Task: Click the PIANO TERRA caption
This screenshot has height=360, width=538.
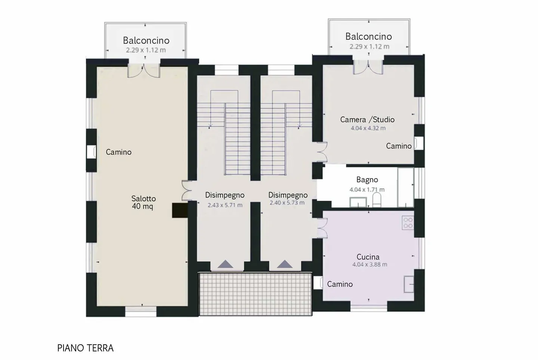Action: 85,348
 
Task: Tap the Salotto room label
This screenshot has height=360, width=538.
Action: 143,199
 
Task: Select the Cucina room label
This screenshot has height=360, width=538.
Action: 368,257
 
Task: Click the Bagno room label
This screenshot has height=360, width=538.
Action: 367,180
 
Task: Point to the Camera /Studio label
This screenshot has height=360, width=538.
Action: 367,120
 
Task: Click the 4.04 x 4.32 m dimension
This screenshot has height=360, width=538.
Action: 368,128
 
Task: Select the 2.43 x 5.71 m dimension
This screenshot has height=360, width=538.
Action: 225,205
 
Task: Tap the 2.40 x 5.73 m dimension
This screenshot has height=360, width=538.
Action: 287,203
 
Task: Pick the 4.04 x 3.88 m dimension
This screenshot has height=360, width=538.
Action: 370,264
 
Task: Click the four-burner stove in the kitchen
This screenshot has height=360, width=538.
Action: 408,223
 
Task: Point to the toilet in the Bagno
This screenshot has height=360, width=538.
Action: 377,200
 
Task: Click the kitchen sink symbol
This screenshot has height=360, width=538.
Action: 409,284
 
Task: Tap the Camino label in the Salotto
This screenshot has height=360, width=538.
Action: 119,152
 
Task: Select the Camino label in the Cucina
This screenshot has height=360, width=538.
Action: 340,284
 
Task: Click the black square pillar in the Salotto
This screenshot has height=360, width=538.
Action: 180,211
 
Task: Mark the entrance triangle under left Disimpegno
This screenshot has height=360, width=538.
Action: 225,264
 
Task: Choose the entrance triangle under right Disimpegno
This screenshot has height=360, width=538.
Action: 285,264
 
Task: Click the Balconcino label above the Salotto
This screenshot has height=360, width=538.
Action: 146,40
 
